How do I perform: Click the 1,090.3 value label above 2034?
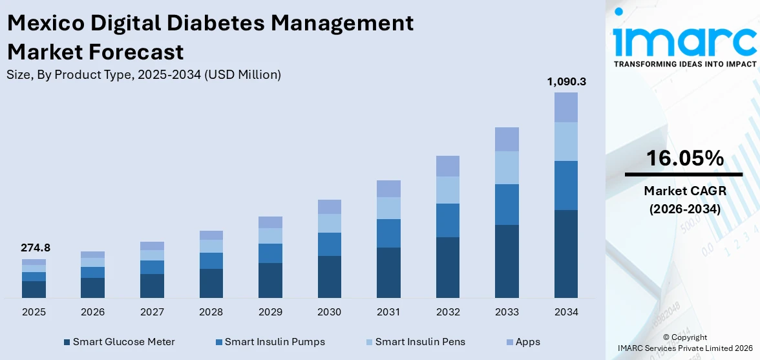(565, 82)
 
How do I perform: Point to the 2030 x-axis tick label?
(329, 312)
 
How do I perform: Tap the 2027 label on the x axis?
(152, 312)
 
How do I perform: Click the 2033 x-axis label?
(507, 312)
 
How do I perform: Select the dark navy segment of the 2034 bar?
(565, 253)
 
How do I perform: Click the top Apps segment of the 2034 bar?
(565, 107)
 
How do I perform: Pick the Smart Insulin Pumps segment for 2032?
(447, 220)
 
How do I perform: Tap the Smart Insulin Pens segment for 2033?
(507, 167)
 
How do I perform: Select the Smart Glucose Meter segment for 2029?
(270, 280)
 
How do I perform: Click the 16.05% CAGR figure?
(684, 158)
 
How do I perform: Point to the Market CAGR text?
(684, 191)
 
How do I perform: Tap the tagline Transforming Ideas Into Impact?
(684, 64)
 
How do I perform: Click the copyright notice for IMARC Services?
(684, 343)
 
